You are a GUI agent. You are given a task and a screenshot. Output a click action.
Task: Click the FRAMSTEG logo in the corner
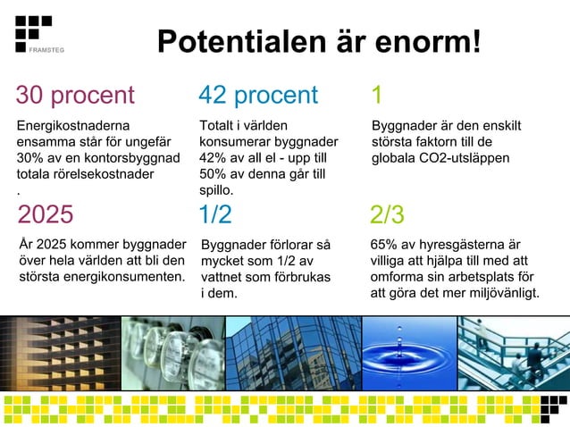pos(34,33)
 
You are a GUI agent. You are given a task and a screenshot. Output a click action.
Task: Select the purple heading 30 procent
pos(75,95)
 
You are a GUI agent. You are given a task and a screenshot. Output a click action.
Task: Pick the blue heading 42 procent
pos(258,95)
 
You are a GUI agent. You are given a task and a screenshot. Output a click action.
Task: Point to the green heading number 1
pos(376,95)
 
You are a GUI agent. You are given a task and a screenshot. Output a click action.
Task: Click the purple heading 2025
pos(46,214)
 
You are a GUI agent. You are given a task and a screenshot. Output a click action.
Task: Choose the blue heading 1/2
pos(215,214)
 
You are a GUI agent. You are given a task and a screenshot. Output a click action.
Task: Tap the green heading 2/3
pos(387,214)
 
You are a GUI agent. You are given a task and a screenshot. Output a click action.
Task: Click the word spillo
pos(215,190)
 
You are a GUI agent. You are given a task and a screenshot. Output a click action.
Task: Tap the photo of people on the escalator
pos(513,353)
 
